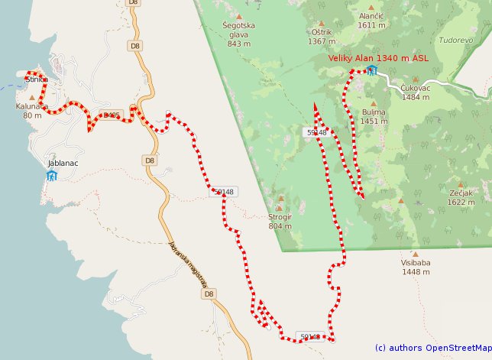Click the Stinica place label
point(37,79)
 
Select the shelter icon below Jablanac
point(51,176)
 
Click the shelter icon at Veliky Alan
point(372,70)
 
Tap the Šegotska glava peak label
point(238,30)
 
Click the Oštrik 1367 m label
point(322,37)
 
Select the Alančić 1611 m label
point(371,20)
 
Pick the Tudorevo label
point(456,39)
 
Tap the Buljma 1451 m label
point(374,116)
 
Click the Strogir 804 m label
point(280,221)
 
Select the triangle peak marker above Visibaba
point(416,255)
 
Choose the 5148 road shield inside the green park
point(317,132)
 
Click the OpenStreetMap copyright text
point(432,348)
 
